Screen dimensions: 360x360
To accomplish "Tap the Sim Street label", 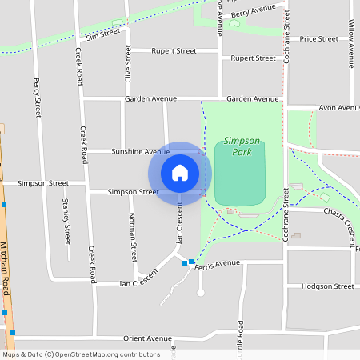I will (x=102, y=34).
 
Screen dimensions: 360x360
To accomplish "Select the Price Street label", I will (x=318, y=38).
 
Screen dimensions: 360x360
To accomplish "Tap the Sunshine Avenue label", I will (x=140, y=151).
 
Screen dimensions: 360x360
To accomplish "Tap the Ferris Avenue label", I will (x=217, y=262).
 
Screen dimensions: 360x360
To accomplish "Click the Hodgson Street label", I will (x=328, y=286).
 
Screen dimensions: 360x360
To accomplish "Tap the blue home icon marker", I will (x=180, y=173).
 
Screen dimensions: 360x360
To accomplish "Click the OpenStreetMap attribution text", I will (x=81, y=354).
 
